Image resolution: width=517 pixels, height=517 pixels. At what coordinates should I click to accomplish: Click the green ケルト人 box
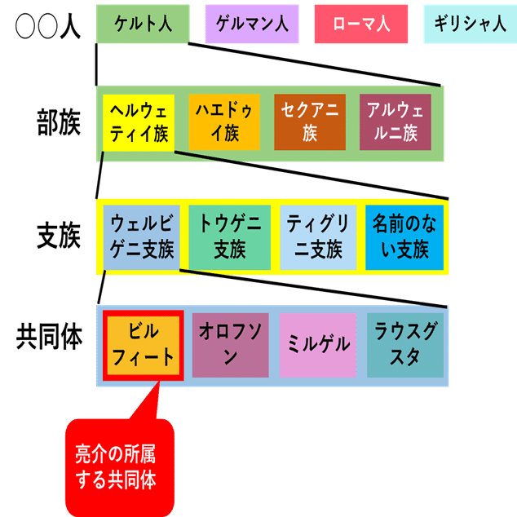(143, 24)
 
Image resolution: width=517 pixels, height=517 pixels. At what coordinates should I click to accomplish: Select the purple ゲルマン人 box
(253, 24)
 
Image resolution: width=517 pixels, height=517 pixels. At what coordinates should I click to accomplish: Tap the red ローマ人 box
(362, 24)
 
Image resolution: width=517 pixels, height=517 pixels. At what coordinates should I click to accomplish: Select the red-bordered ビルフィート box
(143, 345)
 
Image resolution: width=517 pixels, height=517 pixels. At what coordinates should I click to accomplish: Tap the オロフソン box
(230, 345)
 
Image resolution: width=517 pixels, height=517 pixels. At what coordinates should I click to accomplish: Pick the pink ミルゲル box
(319, 345)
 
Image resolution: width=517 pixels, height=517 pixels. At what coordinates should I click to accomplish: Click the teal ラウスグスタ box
(404, 345)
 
